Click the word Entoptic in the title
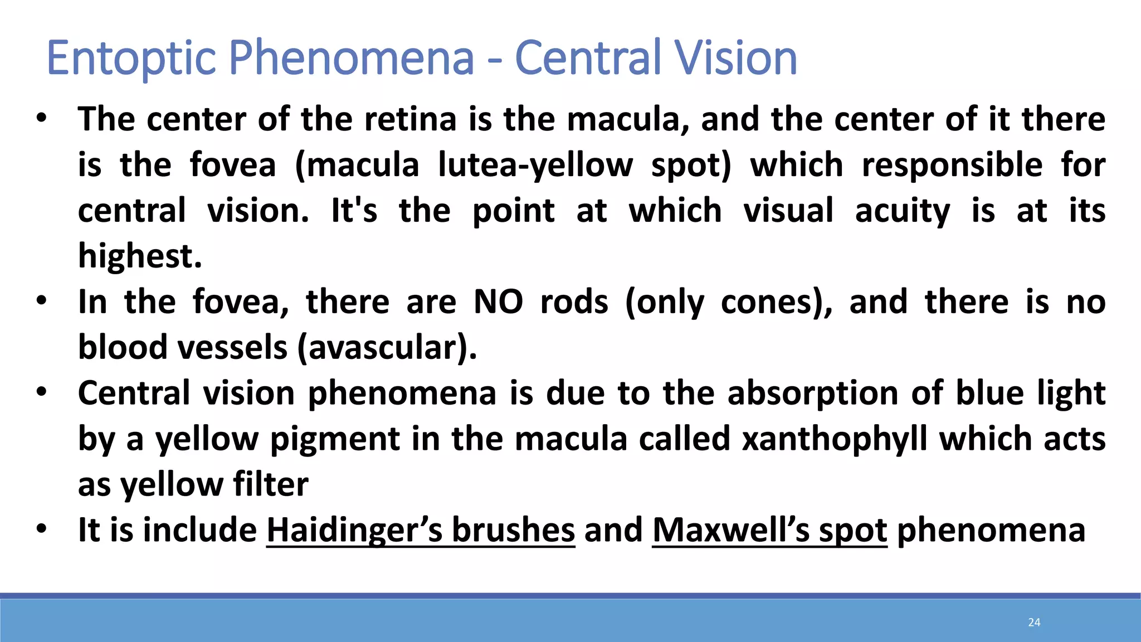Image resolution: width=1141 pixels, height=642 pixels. pos(131,58)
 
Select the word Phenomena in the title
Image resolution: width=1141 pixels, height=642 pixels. pos(352,58)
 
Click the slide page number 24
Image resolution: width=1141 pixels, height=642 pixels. pos(1034,622)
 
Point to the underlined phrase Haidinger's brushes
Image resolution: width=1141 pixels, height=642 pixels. pos(421,530)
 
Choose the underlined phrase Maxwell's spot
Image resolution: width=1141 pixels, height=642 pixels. pos(769,530)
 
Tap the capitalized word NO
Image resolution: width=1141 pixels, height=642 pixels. pos(498,302)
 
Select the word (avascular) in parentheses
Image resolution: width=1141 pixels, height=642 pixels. pos(387,348)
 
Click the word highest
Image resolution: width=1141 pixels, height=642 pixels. pos(140,256)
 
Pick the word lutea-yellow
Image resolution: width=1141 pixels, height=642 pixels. pos(535,166)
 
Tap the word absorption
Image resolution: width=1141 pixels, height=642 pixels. pos(813,393)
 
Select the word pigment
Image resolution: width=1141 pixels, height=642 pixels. pos(335,439)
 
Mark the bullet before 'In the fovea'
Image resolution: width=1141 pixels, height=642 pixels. pos(41,301)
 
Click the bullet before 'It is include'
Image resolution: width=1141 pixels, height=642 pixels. pos(41,529)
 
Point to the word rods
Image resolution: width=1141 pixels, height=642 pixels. pos(574,302)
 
